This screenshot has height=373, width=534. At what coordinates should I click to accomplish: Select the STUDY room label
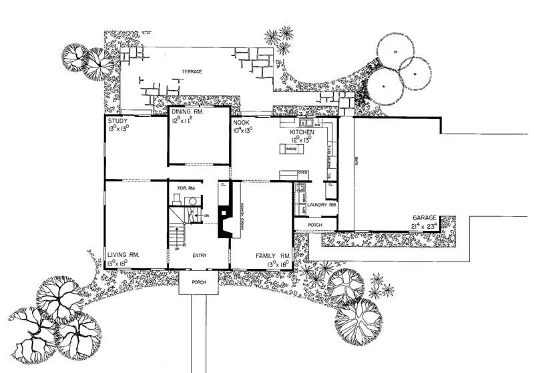pyautogui.click(x=117, y=121)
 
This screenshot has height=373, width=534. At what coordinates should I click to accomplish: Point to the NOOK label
pyautogui.click(x=240, y=123)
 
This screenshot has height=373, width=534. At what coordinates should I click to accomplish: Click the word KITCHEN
pyautogui.click(x=302, y=133)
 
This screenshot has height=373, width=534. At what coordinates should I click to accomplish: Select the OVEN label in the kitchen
pyautogui.click(x=302, y=173)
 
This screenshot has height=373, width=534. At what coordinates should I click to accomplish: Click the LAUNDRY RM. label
pyautogui.click(x=322, y=206)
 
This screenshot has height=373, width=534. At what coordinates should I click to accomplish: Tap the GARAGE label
pyautogui.click(x=425, y=218)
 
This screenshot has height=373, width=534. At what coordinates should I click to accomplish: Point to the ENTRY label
pyautogui.click(x=200, y=255)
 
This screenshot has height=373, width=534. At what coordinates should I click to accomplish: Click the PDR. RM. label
pyautogui.click(x=185, y=188)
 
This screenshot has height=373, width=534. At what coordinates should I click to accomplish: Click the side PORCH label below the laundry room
pyautogui.click(x=315, y=226)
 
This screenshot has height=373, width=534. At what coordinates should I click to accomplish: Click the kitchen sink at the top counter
pyautogui.click(x=304, y=123)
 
